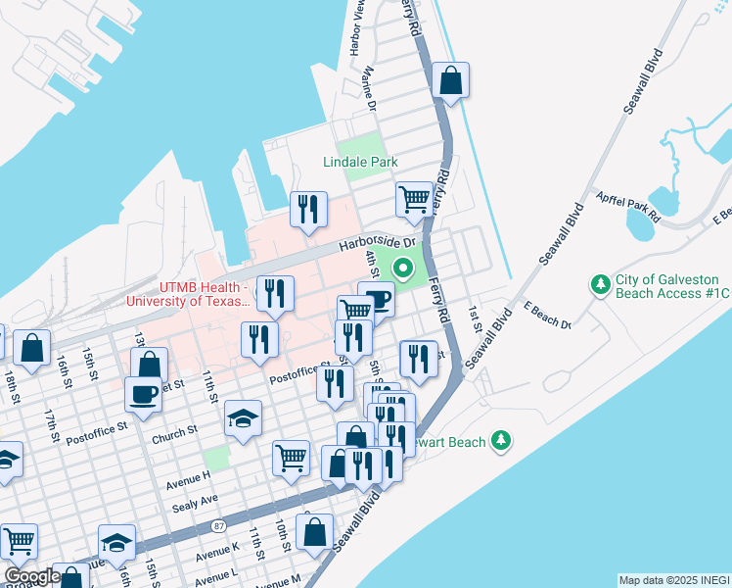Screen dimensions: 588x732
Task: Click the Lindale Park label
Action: pos(366,162)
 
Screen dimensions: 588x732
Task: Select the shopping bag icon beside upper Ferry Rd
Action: pos(450,81)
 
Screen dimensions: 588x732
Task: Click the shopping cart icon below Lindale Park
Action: pos(414,199)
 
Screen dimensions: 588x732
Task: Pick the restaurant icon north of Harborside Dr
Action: pos(308,209)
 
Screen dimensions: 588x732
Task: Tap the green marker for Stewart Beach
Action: pos(501,441)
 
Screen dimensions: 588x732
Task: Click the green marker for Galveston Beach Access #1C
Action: pos(600,285)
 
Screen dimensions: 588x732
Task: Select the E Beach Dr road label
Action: pos(546,317)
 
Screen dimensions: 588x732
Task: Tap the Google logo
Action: pos(30,576)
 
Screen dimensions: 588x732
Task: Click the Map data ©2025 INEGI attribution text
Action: pos(674,580)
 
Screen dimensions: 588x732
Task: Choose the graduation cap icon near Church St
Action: pos(243,418)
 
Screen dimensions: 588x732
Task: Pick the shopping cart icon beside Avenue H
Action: pos(291,457)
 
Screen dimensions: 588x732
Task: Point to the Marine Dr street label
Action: pos(370,88)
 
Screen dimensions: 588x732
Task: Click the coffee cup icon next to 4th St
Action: pos(376,300)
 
